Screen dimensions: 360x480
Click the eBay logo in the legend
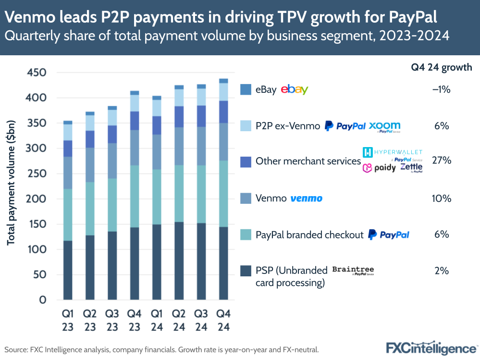pyautogui.click(x=294, y=89)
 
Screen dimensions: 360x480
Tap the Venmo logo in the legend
pyautogui.click(x=306, y=199)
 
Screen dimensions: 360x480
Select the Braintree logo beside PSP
pyautogui.click(x=353, y=270)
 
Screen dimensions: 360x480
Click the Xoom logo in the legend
pyautogui.click(x=384, y=126)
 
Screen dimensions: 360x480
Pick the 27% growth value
pyautogui.click(x=441, y=161)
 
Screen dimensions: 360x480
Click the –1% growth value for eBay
pyautogui.click(x=441, y=89)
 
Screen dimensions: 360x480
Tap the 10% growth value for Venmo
pyautogui.click(x=441, y=199)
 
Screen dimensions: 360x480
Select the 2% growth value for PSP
pyautogui.click(x=441, y=271)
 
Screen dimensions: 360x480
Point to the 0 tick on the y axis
pyautogui.click(x=42, y=300)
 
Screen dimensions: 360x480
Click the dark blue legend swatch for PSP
pyautogui.click(x=246, y=271)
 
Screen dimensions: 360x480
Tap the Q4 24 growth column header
pyautogui.click(x=441, y=67)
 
